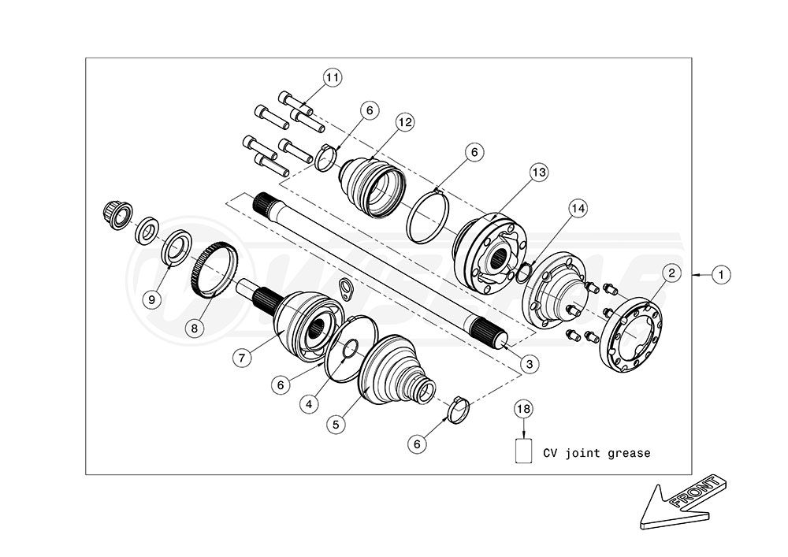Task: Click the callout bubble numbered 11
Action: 333,77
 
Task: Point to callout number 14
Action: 578,208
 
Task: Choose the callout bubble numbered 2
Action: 671,273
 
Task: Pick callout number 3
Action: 530,363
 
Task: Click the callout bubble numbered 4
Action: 314,403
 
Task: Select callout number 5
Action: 335,423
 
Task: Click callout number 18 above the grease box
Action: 524,409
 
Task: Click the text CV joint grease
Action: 597,453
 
